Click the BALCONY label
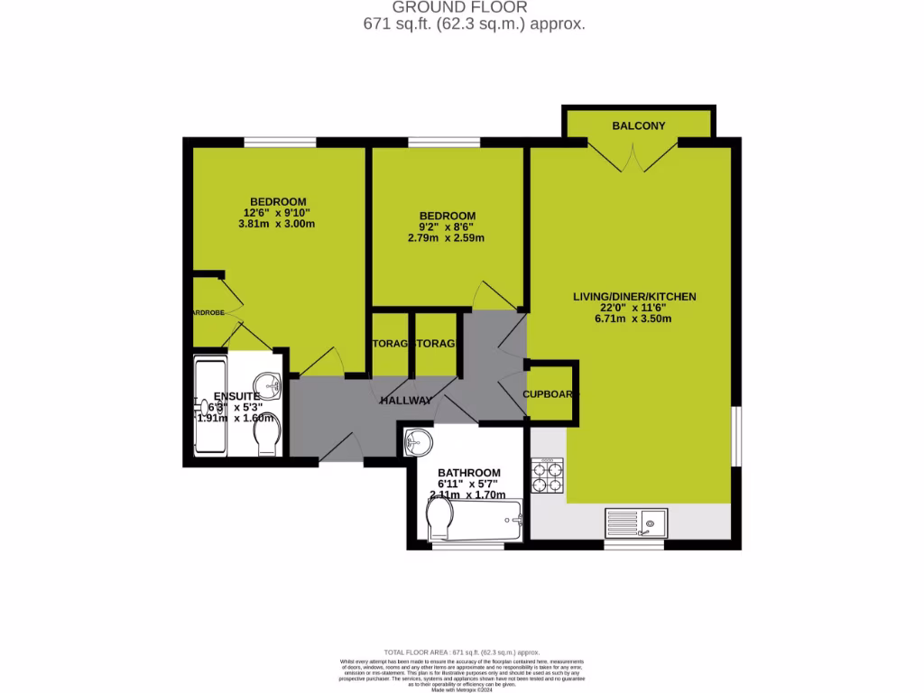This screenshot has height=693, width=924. coord(638,125)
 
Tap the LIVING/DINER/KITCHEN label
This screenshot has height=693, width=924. coord(634,296)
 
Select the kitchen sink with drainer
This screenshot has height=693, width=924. coord(636,522)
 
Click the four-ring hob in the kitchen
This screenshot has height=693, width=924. coord(547,476)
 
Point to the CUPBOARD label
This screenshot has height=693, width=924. coord(550,394)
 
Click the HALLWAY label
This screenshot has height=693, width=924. coord(405,400)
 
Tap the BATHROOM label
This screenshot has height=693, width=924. coord(468,473)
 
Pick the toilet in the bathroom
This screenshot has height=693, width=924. coord(439,520)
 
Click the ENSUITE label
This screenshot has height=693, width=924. coord(236,396)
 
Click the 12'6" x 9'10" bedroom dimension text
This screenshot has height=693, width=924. coord(278,213)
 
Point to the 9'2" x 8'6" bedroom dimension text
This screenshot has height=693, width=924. coord(447,227)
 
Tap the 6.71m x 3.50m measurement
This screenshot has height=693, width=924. coord(634,319)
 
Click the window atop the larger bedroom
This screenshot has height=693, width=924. coord(280,142)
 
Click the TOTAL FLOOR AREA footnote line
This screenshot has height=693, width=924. coord(461,651)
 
